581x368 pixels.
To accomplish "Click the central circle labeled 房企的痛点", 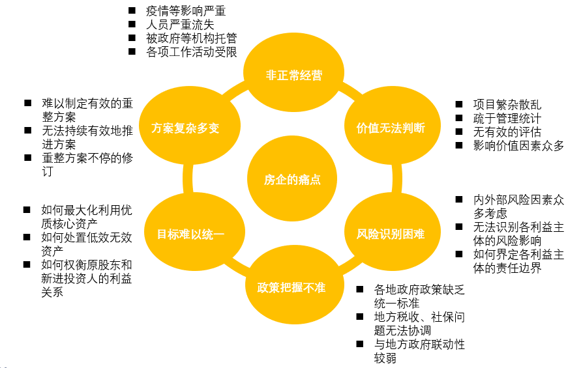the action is coord(292,178).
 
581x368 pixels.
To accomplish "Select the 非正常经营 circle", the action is coord(294,72).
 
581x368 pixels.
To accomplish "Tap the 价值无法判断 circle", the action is coord(393,126).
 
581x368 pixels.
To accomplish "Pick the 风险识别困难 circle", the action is coord(393,232).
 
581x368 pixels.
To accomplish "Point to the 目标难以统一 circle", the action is coord(194,232).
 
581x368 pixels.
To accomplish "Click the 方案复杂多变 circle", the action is coord(190,126).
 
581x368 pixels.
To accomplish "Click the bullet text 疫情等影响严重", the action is coord(186,10).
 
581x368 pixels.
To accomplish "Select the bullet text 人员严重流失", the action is coord(180,25).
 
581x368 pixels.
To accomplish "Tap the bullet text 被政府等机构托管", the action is coord(192,38).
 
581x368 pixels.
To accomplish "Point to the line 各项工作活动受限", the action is coord(192,52).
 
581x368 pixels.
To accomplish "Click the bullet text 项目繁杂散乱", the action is coord(507,105).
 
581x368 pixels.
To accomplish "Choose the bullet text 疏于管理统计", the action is coord(507,119).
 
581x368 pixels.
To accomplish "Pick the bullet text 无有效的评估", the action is coord(507,132).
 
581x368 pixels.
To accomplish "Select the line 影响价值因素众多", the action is coord(519,146).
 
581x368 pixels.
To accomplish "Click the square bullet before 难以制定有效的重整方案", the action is coord(28,103).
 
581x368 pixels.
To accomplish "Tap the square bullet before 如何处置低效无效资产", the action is coord(27,237).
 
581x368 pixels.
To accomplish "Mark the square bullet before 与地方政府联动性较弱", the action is coord(360,344).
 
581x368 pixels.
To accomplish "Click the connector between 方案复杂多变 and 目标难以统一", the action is coord(188,178).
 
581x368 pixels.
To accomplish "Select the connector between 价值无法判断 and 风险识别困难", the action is coord(397,178).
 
